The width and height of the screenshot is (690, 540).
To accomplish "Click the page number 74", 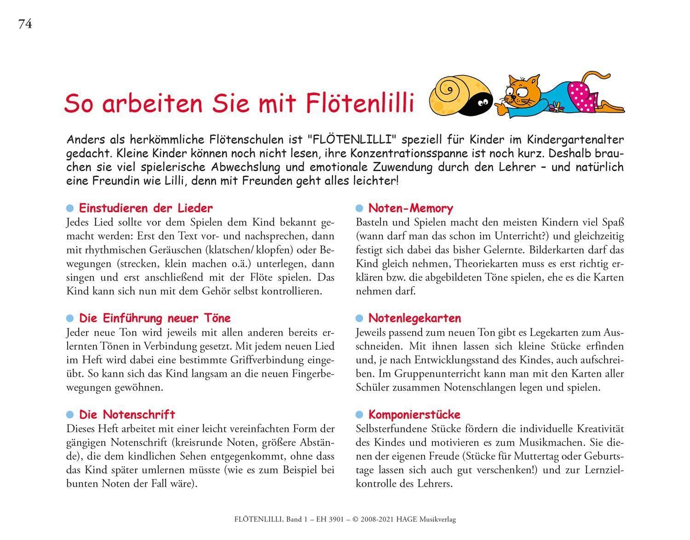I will [25, 24].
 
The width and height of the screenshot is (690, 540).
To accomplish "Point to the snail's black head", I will [479, 104].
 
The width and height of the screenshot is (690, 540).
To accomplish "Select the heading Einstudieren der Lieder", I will [146, 208].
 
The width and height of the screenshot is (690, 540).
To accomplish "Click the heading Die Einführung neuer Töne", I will [155, 318].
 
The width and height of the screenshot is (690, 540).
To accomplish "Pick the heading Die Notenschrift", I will [127, 414].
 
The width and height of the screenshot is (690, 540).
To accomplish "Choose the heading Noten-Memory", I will [410, 208].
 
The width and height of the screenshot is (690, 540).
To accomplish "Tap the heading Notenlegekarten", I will [414, 318].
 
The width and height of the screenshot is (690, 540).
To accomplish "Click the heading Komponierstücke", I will [414, 414].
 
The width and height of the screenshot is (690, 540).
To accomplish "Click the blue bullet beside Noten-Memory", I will [360, 209].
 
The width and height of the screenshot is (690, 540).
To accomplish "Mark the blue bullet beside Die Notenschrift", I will [70, 415].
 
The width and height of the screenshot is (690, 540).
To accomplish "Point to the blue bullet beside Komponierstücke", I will [360, 415].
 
